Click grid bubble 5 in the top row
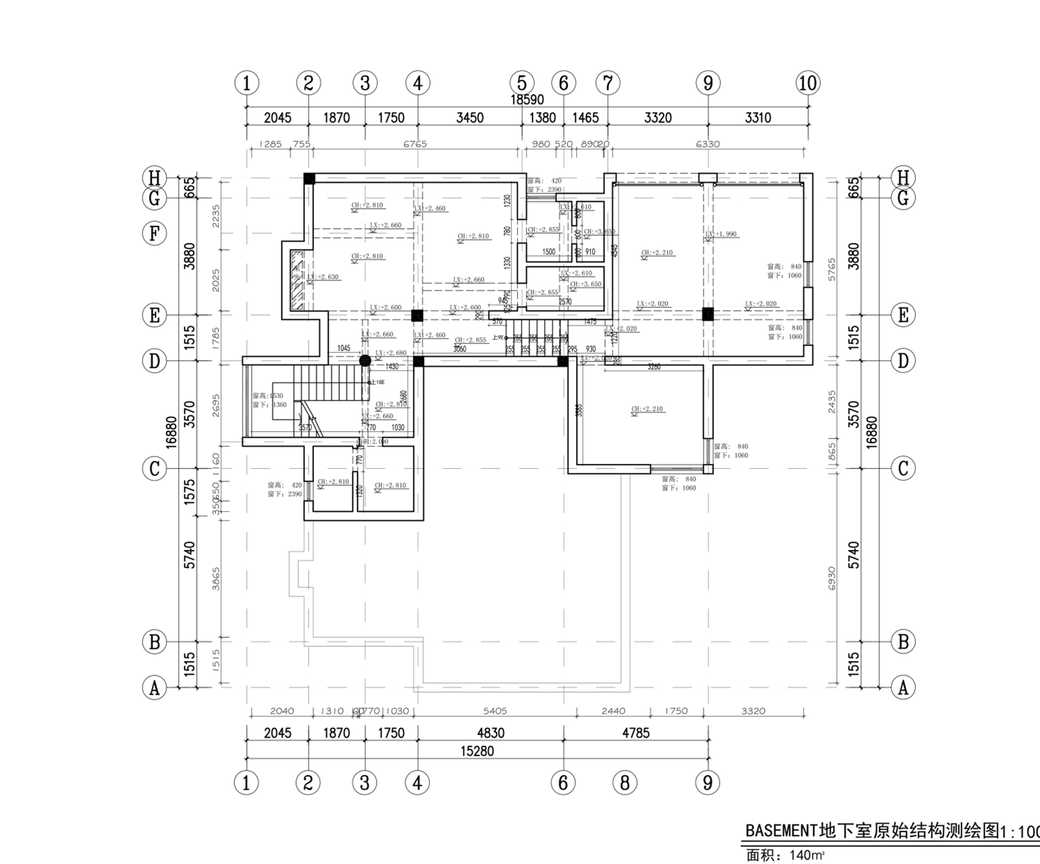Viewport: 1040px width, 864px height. click(521, 83)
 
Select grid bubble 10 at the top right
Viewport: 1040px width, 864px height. click(808, 83)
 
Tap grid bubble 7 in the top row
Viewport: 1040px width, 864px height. click(607, 83)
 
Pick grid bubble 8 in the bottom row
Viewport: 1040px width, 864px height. click(625, 783)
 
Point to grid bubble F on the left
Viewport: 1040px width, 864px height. click(155, 234)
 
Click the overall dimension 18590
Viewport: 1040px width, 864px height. click(527, 100)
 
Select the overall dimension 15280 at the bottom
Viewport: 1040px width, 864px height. click(477, 751)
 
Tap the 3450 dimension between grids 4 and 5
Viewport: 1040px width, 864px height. click(469, 118)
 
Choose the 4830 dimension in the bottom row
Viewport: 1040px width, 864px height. click(490, 733)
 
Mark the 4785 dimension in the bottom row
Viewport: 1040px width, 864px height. click(635, 733)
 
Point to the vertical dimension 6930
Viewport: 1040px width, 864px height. click(832, 578)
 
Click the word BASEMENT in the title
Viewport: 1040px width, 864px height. click(781, 831)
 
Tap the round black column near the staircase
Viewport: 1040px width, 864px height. click(365, 361)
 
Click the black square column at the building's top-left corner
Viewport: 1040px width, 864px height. click(309, 179)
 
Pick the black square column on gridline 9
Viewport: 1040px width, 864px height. click(707, 314)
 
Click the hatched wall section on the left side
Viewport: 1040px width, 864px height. click(297, 280)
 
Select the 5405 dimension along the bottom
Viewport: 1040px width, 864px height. click(494, 711)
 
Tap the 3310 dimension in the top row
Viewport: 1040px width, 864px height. click(757, 118)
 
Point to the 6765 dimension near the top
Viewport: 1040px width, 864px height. click(415, 144)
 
